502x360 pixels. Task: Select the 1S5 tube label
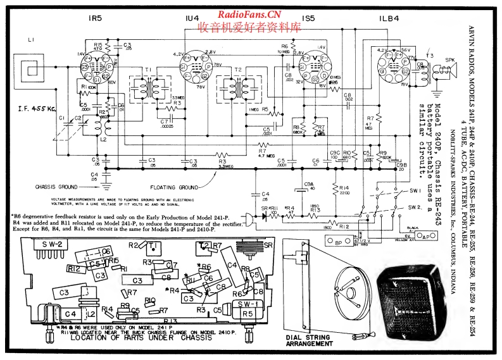pyautogui.click(x=308, y=19)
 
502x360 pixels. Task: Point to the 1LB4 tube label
pyautogui.click(x=388, y=19)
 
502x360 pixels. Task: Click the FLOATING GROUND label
pyautogui.click(x=175, y=188)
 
